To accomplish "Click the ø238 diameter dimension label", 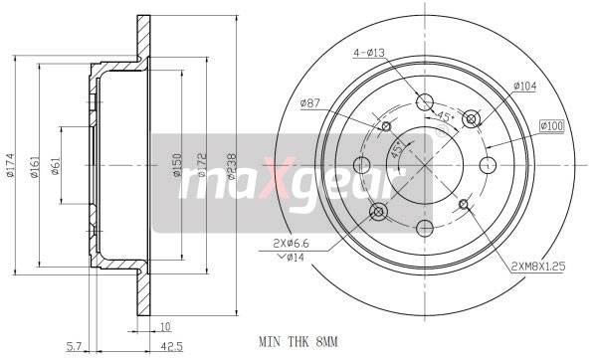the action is [231, 166].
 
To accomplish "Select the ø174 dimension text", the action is [10, 165].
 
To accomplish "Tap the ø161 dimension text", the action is [34, 167].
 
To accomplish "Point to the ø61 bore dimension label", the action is [55, 166].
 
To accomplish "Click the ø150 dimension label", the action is [177, 165].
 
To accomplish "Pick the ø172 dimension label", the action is [202, 165].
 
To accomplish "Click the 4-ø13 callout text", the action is [369, 53].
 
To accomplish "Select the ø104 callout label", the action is [525, 86].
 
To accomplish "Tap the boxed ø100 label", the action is [551, 126].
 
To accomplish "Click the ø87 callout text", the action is [309, 102].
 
